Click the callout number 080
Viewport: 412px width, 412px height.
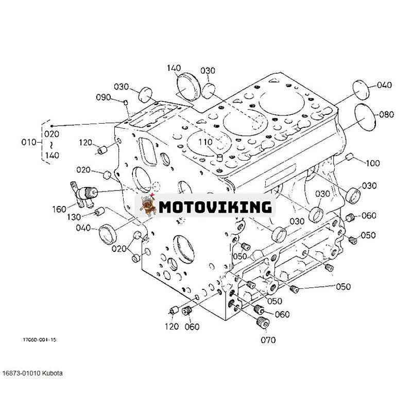click(387, 114)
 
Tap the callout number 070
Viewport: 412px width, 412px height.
click(268, 340)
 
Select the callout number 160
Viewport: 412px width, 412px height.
click(59, 209)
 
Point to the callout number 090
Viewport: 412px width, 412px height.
click(104, 97)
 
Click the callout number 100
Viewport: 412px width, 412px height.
click(373, 163)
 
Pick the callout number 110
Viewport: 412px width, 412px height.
click(205, 142)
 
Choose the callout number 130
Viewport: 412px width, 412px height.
click(74, 217)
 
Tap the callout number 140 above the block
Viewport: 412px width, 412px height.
click(174, 68)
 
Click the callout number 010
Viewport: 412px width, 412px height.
click(29, 142)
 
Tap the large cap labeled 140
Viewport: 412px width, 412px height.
click(188, 88)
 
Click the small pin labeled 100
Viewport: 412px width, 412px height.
click(349, 157)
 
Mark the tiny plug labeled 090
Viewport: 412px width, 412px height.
click(126, 102)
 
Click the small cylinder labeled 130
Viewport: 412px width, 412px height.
click(99, 211)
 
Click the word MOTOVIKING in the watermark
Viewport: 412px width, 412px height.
click(215, 207)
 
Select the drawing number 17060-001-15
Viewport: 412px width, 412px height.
click(40, 340)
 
